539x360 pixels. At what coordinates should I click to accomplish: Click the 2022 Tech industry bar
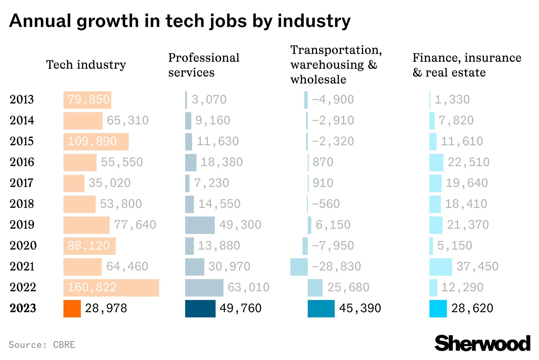[111, 288]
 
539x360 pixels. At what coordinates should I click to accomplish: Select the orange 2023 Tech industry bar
[72, 309]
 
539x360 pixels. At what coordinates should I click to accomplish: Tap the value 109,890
[92, 141]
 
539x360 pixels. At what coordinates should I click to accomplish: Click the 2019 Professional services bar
[200, 225]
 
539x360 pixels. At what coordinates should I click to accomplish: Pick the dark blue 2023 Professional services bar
[200, 309]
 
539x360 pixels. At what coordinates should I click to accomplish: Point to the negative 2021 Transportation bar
[299, 267]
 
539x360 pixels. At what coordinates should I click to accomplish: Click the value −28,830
[336, 267]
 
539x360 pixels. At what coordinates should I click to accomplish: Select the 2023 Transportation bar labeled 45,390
[321, 309]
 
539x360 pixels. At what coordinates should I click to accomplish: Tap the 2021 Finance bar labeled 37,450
[440, 267]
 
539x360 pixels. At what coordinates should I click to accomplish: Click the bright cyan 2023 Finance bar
[438, 309]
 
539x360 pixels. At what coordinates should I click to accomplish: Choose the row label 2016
[22, 162]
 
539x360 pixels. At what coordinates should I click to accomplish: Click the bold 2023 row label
[23, 308]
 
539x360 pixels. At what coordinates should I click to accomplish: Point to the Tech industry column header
[86, 65]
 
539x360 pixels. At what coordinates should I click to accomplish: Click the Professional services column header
[203, 65]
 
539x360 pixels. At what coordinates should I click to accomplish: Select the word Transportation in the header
[336, 50]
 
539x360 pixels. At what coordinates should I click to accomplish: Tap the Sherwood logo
[482, 344]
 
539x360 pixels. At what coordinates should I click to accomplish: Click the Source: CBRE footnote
[42, 345]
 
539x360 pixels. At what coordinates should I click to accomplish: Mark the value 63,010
[248, 288]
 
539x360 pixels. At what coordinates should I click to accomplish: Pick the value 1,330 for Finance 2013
[452, 100]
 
